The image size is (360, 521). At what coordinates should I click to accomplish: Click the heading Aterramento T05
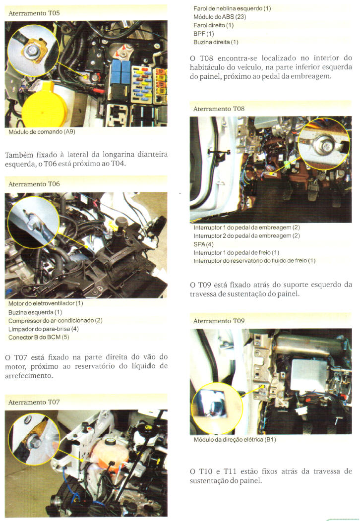click(34, 13)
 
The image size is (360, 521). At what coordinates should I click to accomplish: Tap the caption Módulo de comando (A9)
click(42, 132)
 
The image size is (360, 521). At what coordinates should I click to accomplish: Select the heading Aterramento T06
click(34, 184)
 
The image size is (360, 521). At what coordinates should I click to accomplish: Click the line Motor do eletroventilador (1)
click(46, 303)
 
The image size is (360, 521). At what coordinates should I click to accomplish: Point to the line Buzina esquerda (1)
click(35, 312)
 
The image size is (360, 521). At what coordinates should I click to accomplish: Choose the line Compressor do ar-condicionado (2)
click(55, 321)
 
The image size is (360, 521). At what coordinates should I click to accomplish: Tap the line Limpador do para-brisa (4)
click(43, 329)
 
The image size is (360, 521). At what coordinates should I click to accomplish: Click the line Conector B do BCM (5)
click(39, 337)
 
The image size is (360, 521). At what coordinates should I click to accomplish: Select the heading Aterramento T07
click(34, 403)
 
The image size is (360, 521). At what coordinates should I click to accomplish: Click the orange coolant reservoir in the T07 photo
click(108, 452)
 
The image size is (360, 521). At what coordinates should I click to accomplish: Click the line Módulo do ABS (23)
click(220, 17)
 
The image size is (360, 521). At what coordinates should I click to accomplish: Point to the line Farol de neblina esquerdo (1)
click(232, 8)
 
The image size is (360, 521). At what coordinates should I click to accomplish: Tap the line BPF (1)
click(203, 34)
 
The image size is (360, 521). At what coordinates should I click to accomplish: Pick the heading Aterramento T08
click(219, 109)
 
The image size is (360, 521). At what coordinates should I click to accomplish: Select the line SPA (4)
click(203, 244)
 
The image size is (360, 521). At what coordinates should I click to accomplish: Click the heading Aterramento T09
click(219, 321)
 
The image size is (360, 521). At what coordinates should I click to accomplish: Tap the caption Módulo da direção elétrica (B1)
click(235, 440)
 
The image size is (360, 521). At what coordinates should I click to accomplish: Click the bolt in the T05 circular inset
click(31, 51)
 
